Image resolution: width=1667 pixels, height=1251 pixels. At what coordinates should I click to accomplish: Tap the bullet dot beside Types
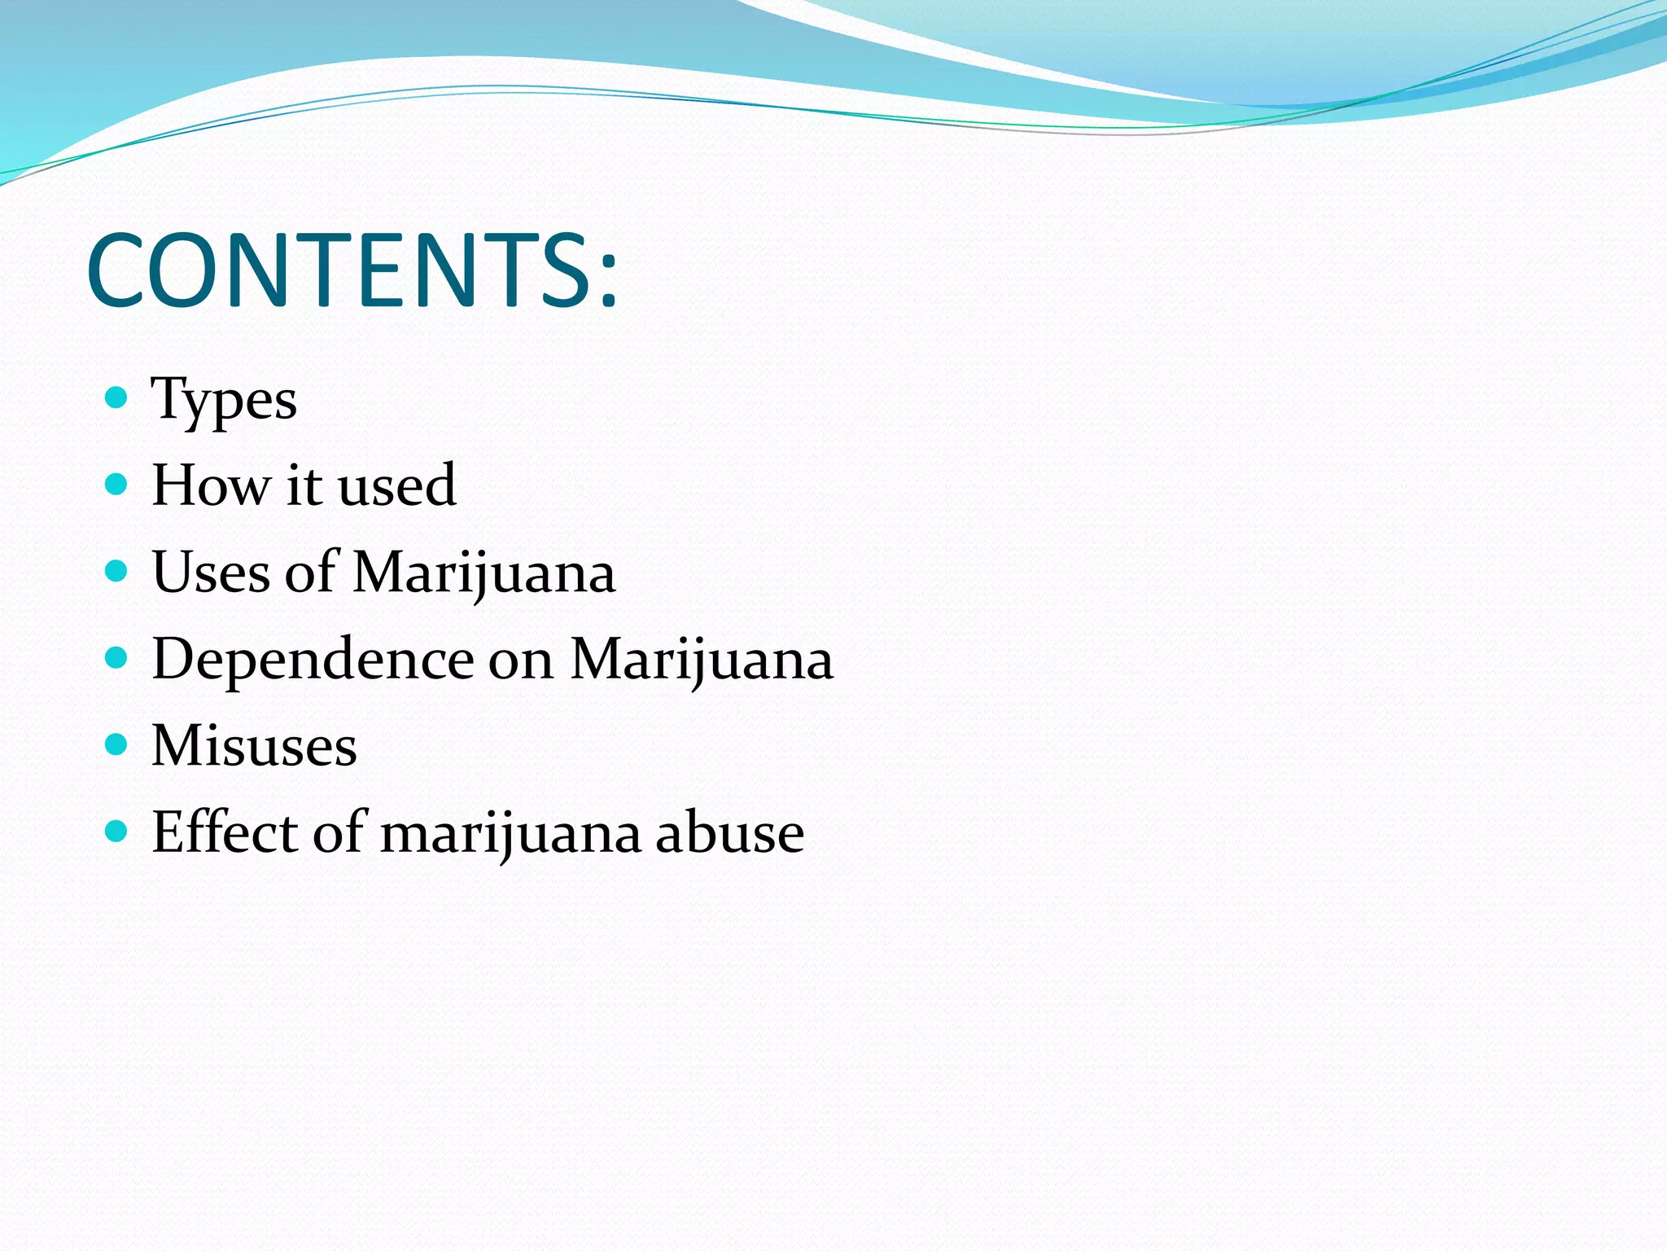click(x=117, y=397)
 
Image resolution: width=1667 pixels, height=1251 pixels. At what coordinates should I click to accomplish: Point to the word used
click(x=396, y=485)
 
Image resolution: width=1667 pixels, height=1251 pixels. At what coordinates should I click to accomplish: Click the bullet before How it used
click(x=117, y=485)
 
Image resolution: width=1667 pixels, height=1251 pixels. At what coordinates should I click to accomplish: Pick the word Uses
click(x=211, y=572)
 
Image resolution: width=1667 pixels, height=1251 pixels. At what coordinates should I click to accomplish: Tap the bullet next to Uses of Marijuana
click(x=117, y=571)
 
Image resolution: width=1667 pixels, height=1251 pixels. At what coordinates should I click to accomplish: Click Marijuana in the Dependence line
click(x=702, y=660)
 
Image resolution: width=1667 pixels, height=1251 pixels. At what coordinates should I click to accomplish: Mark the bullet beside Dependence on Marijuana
click(x=117, y=657)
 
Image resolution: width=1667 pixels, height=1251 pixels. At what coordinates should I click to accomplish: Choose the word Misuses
click(x=254, y=745)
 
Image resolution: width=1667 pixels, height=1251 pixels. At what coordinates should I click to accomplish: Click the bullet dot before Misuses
click(x=117, y=744)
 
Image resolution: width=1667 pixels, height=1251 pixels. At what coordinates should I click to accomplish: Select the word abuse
click(x=729, y=832)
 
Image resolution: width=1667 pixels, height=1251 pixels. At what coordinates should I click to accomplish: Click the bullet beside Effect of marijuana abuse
click(x=117, y=831)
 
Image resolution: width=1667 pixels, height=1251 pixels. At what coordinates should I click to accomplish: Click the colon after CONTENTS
click(x=608, y=281)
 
